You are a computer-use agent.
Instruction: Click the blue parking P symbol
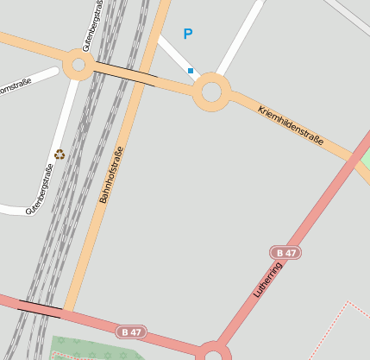point(188,35)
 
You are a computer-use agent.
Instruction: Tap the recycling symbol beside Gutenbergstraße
point(60,155)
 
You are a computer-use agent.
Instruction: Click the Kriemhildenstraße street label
point(290,125)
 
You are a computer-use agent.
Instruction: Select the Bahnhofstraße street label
point(111,174)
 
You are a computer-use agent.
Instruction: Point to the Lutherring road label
point(268,280)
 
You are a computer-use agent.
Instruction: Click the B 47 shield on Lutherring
point(285,252)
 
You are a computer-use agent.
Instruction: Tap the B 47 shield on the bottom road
point(131,332)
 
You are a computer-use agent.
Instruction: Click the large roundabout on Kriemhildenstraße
point(212,91)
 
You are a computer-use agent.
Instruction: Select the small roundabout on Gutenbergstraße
point(78,65)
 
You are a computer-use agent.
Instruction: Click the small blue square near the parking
point(191,71)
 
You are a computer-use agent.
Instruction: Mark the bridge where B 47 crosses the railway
point(40,306)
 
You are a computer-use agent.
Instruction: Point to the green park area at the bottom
point(95,348)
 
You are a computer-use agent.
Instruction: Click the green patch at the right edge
point(365,162)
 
